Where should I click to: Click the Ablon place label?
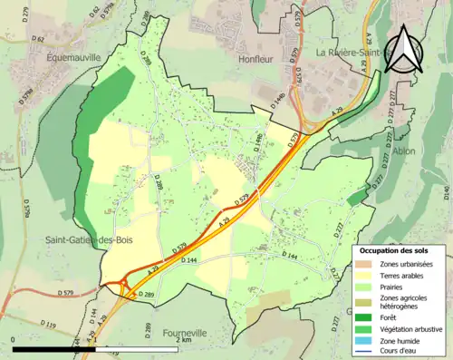404,151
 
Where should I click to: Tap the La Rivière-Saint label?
353,53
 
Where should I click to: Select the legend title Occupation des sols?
393,249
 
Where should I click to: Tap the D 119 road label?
48,324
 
